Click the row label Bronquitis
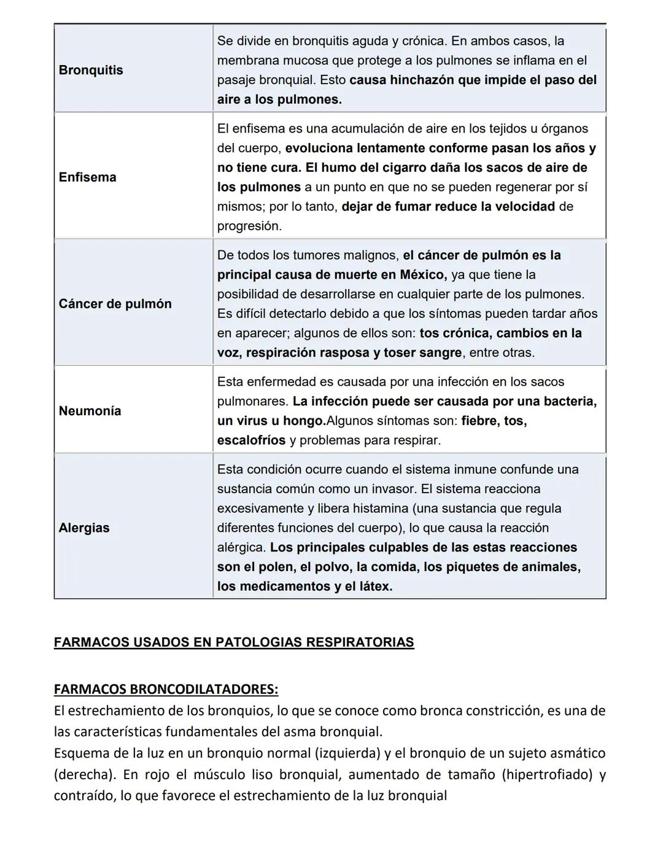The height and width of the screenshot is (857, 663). [91, 70]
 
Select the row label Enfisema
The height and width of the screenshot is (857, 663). [87, 177]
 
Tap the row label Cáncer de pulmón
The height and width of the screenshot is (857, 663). [115, 304]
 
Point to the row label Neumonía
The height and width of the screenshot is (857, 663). [90, 411]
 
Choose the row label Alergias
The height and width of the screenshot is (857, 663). [84, 528]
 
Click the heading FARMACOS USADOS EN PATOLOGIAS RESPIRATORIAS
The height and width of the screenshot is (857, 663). [234, 642]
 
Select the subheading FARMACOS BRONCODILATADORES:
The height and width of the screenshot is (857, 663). [166, 689]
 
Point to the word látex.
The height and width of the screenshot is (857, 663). [374, 586]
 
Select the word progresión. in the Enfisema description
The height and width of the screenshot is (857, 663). [249, 226]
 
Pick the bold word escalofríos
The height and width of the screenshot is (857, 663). [251, 440]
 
